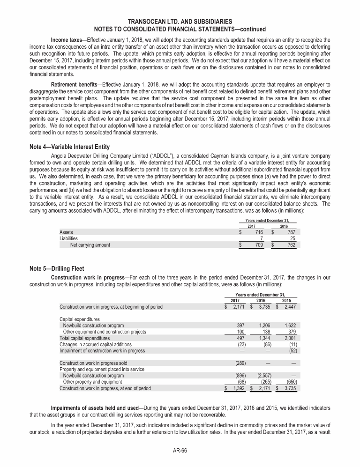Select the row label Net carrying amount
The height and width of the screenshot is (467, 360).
pos(90,245)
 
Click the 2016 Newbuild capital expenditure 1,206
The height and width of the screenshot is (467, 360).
pos(267,326)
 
